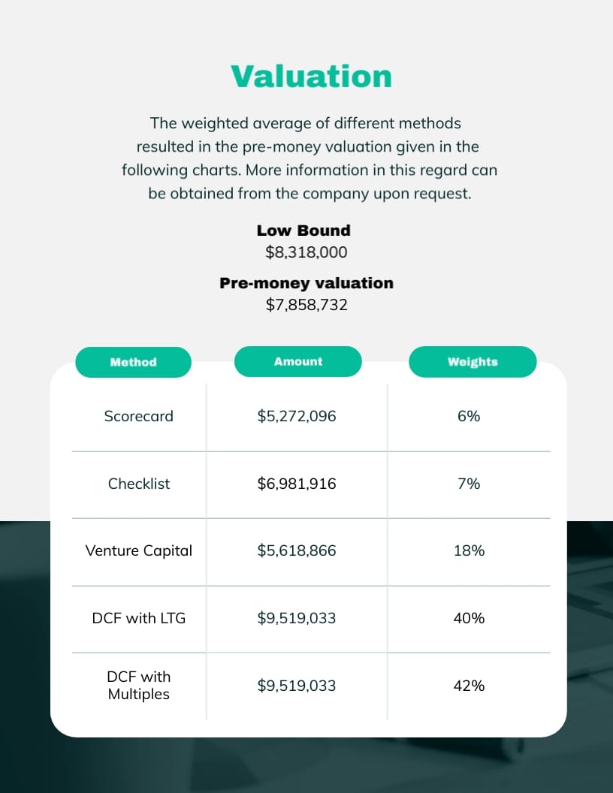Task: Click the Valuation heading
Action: coord(311,77)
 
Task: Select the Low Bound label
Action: coord(303,231)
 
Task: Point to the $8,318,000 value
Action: coord(306,252)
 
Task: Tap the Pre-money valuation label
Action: coord(306,283)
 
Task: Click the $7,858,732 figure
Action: coord(306,305)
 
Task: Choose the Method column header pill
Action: coord(133,362)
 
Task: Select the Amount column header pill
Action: coord(298,361)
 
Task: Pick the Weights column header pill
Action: coord(473,362)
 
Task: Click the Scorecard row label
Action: coord(138,416)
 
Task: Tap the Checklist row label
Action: coord(139,484)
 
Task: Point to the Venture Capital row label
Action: coord(139,550)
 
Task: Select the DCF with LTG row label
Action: coord(139,618)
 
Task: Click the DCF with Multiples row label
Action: coord(139,686)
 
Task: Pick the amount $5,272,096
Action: coord(297,416)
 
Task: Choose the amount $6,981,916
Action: coord(297,484)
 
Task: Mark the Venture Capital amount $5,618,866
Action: coord(297,550)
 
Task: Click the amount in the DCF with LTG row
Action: coord(297,618)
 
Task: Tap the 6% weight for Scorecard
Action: coord(469,416)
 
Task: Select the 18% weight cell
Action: coord(469,550)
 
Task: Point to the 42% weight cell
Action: coord(469,686)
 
